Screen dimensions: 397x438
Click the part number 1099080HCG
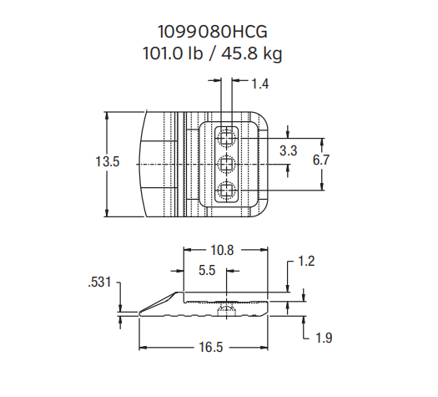pyautogui.click(x=219, y=32)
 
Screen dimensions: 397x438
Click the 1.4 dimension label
pyautogui.click(x=259, y=84)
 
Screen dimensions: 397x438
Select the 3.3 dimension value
pyautogui.click(x=289, y=151)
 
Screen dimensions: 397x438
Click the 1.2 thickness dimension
pyautogui.click(x=306, y=262)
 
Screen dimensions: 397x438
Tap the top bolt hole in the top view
pyautogui.click(x=226, y=135)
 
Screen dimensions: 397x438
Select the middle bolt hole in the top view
pyautogui.click(x=226, y=164)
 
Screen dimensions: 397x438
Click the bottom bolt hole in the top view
pyautogui.click(x=226, y=191)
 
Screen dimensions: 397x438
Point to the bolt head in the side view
pyautogui.click(x=226, y=308)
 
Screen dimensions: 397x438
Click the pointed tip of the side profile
pyautogui.click(x=140, y=315)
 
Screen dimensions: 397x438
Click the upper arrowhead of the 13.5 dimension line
pyautogui.click(x=106, y=115)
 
